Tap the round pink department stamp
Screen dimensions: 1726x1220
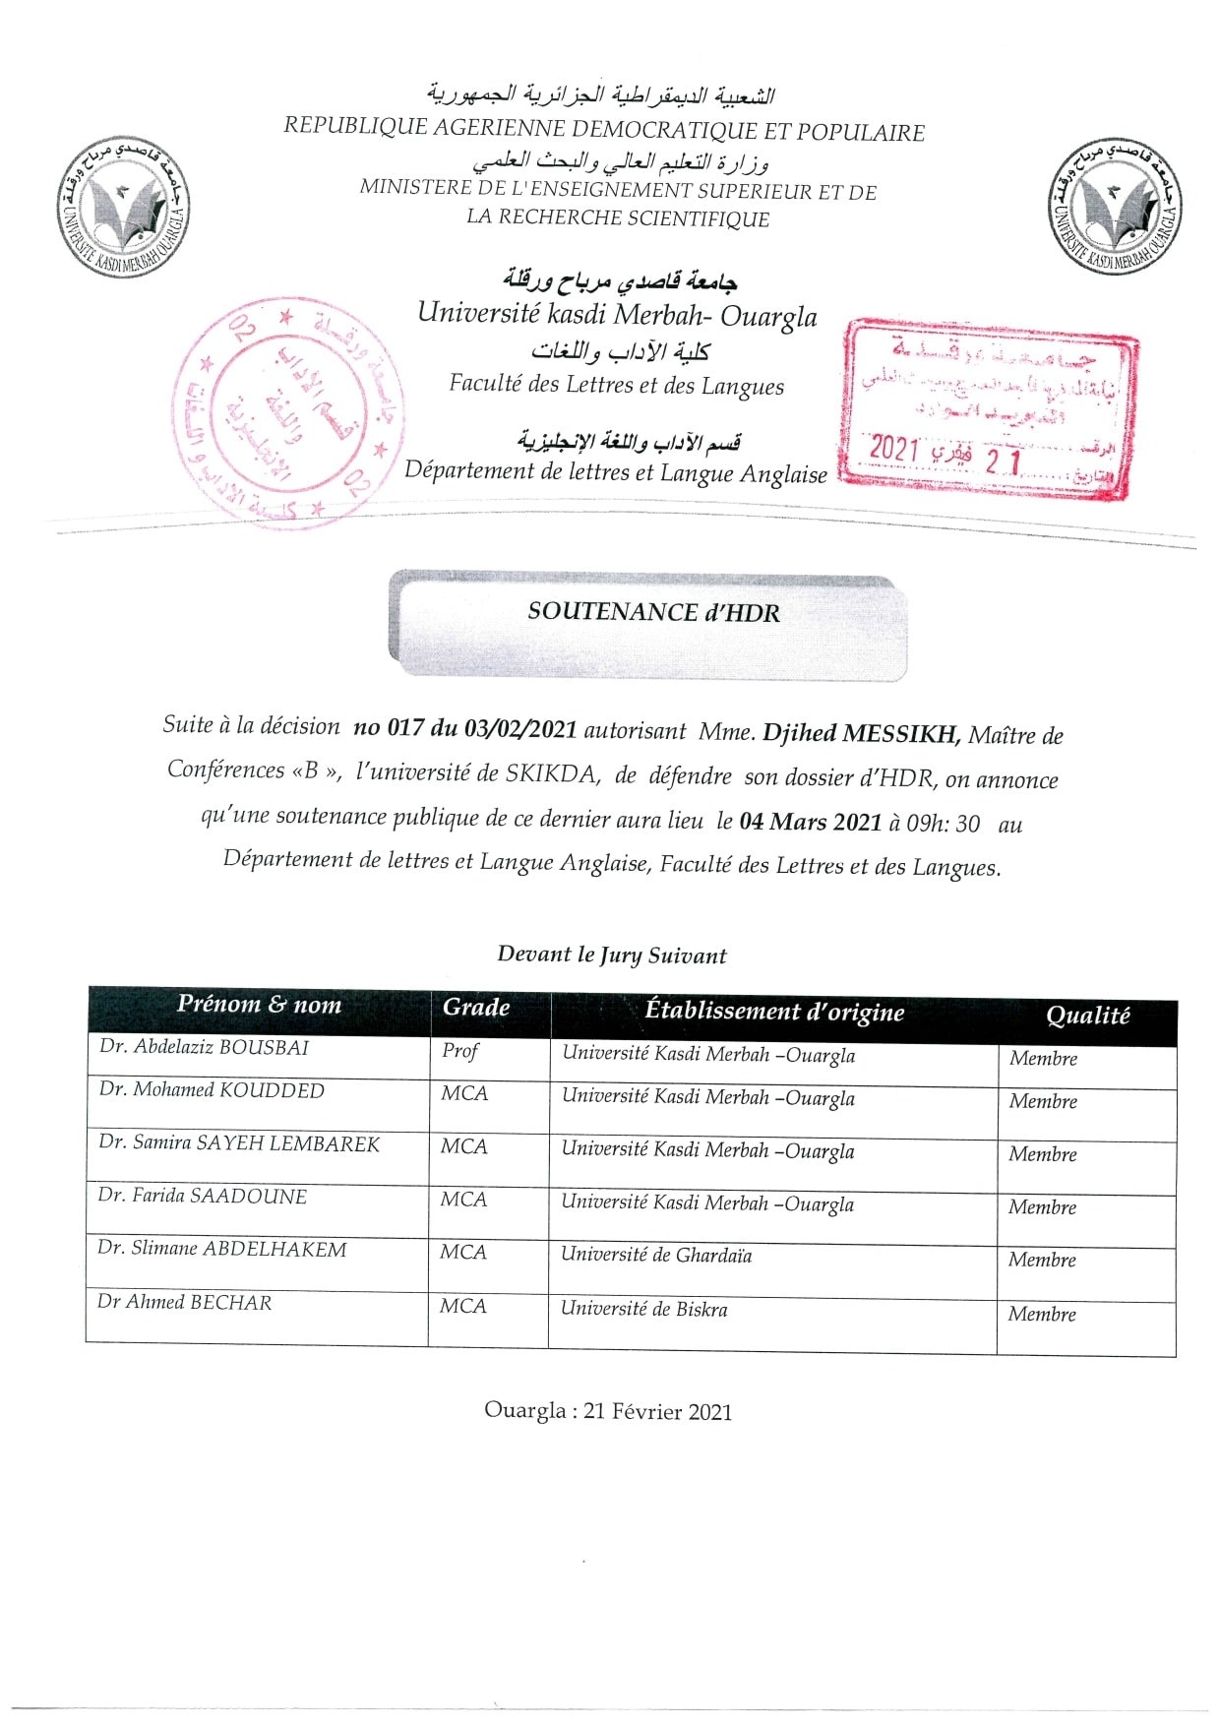287,413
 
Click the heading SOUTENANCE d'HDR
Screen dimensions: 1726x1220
653,612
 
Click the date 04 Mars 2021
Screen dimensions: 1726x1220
811,822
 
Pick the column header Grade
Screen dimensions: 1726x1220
476,1007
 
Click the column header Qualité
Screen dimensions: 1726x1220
1087,1016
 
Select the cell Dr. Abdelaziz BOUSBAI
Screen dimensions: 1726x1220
205,1047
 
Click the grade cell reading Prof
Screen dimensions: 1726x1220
459,1051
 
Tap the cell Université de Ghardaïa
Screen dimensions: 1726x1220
656,1255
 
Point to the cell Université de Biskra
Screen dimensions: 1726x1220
644,1309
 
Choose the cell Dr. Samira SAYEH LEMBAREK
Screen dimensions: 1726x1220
239,1143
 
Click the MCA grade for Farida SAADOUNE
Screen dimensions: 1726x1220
463,1200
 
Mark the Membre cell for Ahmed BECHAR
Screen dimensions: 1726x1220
1042,1314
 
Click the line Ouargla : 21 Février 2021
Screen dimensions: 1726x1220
608,1411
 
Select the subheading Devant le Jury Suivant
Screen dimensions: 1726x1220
612,955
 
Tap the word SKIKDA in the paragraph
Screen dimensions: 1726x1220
551,773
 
